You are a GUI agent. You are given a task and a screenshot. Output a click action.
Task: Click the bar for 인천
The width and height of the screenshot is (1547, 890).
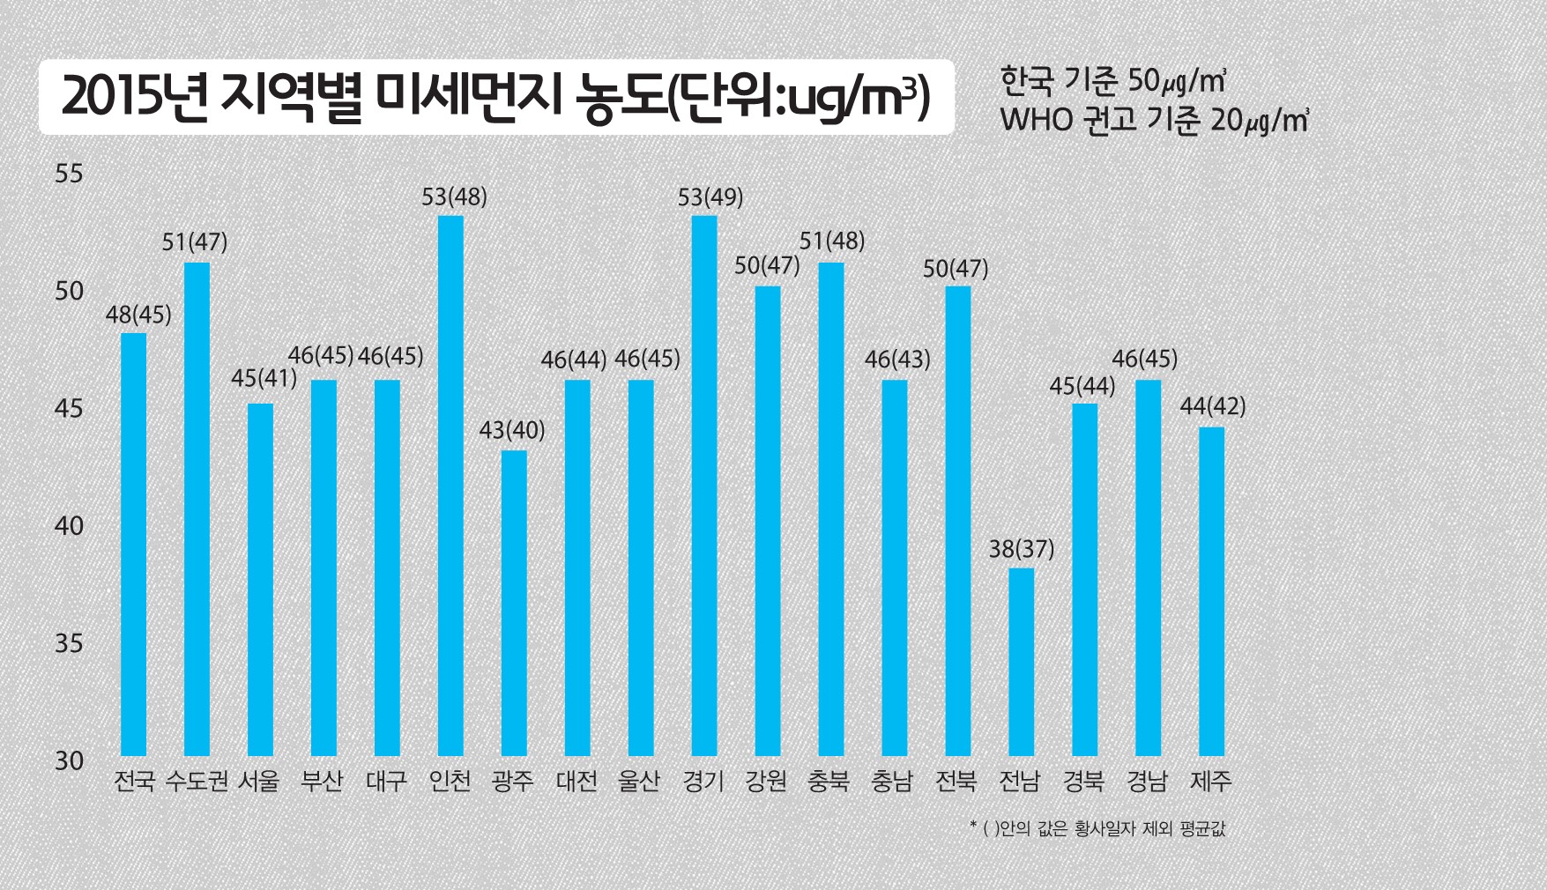(450, 486)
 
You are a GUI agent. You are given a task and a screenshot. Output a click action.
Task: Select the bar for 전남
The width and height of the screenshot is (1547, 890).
(1021, 662)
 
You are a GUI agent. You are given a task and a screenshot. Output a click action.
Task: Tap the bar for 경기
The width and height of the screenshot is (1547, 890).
(704, 486)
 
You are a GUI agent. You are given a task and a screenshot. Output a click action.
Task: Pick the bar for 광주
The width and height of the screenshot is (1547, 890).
(514, 603)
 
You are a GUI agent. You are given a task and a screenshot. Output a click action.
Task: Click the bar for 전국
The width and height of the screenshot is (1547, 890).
(134, 544)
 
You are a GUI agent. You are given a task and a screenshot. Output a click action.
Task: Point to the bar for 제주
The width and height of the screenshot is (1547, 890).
(1211, 591)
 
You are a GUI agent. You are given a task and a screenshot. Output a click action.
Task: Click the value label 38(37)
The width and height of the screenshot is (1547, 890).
(1021, 549)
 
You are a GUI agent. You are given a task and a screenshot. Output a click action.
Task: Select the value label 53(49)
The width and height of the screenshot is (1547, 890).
(710, 197)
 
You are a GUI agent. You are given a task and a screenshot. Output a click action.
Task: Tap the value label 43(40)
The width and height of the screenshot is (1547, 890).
(511, 430)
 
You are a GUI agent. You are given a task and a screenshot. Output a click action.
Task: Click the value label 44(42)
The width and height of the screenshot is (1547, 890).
(1212, 406)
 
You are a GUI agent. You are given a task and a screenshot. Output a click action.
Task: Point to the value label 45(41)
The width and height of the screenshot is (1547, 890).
(264, 378)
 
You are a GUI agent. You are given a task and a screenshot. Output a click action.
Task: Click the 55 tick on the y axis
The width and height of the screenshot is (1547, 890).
(69, 174)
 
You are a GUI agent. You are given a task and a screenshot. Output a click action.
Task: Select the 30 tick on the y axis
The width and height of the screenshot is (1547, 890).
(69, 760)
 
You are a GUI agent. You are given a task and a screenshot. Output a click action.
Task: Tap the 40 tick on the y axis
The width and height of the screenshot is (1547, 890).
(69, 526)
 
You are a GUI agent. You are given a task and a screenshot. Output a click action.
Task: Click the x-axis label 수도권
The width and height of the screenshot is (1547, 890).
(197, 781)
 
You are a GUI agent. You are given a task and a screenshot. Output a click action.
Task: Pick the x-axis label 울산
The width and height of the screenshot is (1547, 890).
(640, 781)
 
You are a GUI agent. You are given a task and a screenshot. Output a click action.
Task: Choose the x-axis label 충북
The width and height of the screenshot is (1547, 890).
(829, 781)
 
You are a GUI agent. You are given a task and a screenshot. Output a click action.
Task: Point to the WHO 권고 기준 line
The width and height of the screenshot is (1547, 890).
(1153, 120)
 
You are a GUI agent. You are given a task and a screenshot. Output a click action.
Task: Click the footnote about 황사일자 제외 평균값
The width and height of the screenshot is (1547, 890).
(1097, 828)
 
